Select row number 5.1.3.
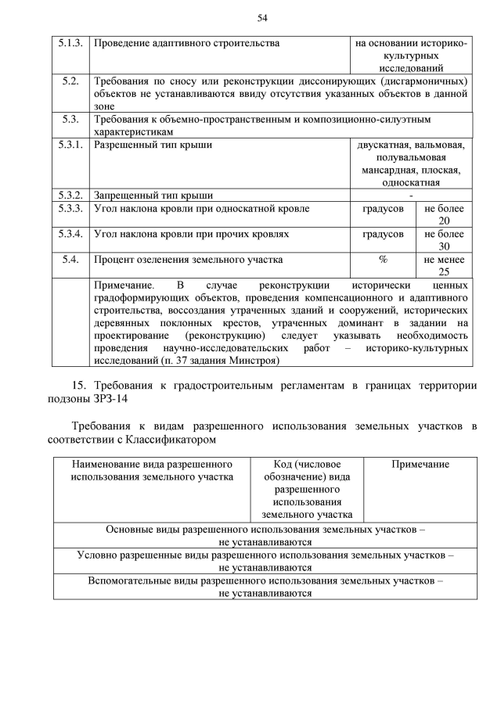[70, 43]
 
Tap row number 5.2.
[70, 81]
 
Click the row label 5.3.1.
[70, 145]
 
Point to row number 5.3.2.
[70, 196]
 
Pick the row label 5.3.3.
[70, 209]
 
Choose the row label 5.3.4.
[70, 234]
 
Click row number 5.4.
[70, 260]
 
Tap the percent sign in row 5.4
[383, 260]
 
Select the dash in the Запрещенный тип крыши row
[411, 196]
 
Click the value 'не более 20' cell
[444, 215]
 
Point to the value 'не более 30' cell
[444, 240]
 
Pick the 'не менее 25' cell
[444, 266]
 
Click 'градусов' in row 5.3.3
[383, 209]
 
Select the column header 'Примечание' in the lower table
[420, 464]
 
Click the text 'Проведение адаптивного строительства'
[186, 43]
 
